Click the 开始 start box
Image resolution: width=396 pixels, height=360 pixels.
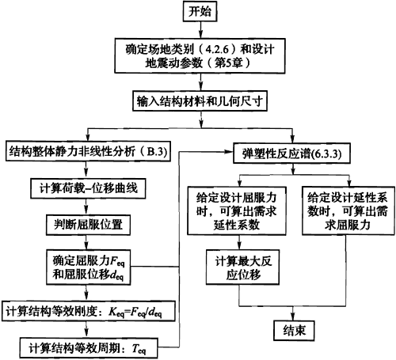point(200,11)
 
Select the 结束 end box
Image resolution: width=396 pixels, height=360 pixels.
point(294,331)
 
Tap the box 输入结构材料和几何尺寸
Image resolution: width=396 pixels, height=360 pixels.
point(200,101)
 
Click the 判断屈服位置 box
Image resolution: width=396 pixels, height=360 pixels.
point(88,225)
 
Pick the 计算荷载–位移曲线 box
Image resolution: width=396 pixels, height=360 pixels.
point(88,188)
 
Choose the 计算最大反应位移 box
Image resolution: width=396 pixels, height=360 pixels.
point(242,267)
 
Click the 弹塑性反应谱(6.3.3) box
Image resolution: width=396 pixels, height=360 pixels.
point(291,153)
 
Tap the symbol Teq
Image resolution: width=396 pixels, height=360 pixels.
point(139,349)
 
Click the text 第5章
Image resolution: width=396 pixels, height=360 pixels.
point(228,63)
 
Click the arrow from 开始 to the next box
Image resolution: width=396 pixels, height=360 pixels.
point(200,30)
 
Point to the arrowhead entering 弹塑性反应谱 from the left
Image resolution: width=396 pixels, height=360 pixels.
point(229,152)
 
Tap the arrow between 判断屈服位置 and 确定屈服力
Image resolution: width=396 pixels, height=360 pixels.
point(86,242)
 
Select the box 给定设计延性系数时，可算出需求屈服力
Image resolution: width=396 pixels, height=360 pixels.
point(348,210)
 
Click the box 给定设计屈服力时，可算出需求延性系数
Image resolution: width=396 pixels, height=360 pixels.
point(237,210)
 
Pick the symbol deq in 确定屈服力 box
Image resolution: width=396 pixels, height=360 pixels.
point(116,275)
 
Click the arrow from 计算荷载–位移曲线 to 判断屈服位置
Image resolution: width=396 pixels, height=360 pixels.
point(86,207)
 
